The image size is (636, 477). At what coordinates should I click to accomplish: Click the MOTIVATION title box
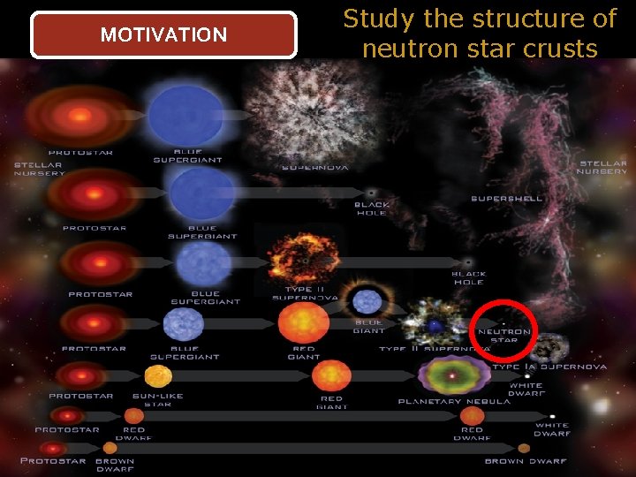163,35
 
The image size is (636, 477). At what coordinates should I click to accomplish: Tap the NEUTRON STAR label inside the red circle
504,336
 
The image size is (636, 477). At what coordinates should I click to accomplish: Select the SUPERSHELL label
506,199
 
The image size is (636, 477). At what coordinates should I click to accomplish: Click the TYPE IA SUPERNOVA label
549,367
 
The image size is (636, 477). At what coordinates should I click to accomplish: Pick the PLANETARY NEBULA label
454,401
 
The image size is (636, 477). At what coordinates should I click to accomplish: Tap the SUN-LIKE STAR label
157,400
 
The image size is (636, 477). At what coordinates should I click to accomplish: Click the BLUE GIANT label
369,327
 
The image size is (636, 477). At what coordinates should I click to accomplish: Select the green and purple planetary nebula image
453,375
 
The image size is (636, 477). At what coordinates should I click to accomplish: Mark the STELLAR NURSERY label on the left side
39,169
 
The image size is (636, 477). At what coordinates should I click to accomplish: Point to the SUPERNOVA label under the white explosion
314,167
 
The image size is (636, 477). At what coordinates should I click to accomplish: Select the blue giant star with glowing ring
367,301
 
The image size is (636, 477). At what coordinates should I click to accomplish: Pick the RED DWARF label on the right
472,434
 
